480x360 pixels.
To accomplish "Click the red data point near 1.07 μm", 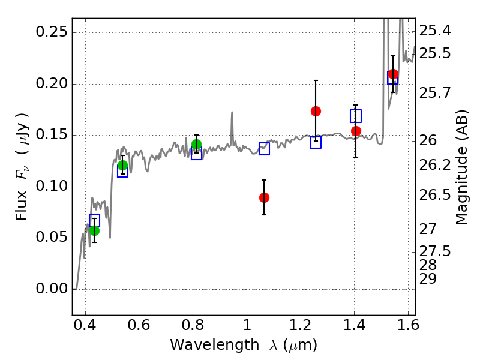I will (264, 197).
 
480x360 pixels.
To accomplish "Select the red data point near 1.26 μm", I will (316, 111).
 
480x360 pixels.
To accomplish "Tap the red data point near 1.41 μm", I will (356, 131).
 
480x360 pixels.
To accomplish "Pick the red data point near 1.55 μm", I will (393, 74).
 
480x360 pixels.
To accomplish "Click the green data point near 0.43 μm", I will (94, 230).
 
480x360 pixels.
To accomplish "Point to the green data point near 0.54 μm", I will (122, 166).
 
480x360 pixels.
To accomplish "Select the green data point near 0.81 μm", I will (196, 144).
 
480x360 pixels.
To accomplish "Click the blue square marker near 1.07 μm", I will (264, 149).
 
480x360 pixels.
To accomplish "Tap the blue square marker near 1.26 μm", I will (316, 142).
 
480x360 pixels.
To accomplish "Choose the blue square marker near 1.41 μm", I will (356, 116).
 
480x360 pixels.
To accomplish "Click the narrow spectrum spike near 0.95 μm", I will (232, 123).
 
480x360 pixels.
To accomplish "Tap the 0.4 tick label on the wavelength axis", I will (85, 328).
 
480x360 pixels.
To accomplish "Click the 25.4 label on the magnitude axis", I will (435, 31).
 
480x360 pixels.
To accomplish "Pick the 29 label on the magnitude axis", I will (428, 279).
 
